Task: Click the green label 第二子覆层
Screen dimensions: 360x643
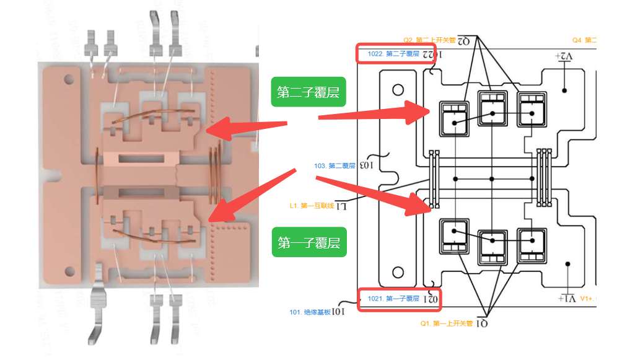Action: tap(308, 92)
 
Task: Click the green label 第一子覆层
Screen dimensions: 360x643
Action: tap(309, 243)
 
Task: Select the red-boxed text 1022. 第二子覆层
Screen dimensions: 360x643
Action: tap(393, 53)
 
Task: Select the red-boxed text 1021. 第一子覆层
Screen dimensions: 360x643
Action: tap(393, 299)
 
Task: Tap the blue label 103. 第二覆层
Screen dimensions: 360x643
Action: tap(335, 165)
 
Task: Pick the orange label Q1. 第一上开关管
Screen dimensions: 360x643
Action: tap(447, 323)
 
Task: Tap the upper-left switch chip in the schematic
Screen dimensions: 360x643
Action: tap(455, 117)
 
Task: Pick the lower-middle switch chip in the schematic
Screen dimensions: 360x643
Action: tap(492, 246)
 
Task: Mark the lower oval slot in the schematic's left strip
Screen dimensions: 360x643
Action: tap(396, 273)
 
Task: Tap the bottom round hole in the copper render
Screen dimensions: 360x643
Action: tap(69, 271)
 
